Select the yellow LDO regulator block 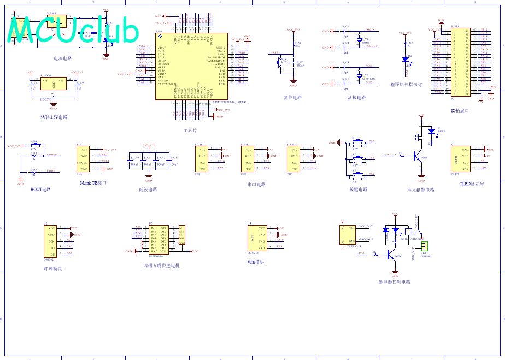tap(54, 84)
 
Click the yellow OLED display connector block tap(460, 159)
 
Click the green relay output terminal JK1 tap(424, 247)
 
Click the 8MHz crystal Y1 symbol tap(359, 39)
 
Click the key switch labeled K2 tap(354, 159)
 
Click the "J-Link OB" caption tap(93, 183)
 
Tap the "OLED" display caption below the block tap(471, 184)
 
